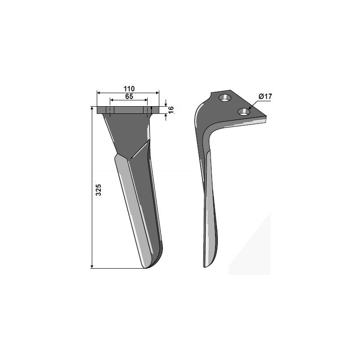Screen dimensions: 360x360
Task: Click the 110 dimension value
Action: point(129,88)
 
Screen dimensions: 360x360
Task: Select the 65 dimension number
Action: point(129,96)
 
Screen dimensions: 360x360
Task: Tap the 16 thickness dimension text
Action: point(171,110)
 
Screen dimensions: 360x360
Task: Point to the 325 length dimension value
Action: point(98,189)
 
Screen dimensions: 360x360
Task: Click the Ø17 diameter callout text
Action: point(265,96)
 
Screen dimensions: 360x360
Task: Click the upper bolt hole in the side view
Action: point(225,98)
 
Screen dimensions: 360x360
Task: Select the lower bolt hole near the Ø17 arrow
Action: point(244,112)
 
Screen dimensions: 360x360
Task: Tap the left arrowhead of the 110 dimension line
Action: point(99,93)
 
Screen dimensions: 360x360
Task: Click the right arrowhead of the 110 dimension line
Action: point(157,93)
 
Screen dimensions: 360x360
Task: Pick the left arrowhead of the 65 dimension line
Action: point(112,100)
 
